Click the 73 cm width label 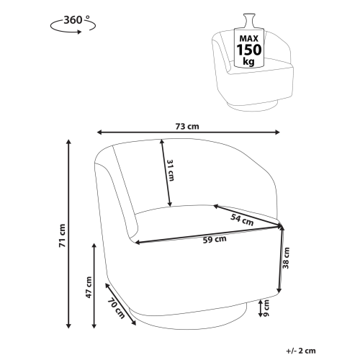[x=187, y=126]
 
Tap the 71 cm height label [x=62, y=235]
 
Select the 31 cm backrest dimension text [x=170, y=170]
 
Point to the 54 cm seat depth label [x=242, y=220]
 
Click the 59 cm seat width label [x=215, y=239]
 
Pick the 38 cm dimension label [x=286, y=258]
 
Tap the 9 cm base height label [x=266, y=308]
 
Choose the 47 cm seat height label [x=89, y=287]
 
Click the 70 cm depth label [x=116, y=308]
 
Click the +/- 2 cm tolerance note [x=301, y=351]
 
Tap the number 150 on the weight [x=249, y=50]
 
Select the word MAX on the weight [x=249, y=38]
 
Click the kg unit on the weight [x=248, y=61]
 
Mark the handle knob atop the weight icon [x=249, y=21]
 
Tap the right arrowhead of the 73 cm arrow [x=277, y=132]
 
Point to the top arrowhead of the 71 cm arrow [x=69, y=142]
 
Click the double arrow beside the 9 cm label [x=261, y=308]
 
